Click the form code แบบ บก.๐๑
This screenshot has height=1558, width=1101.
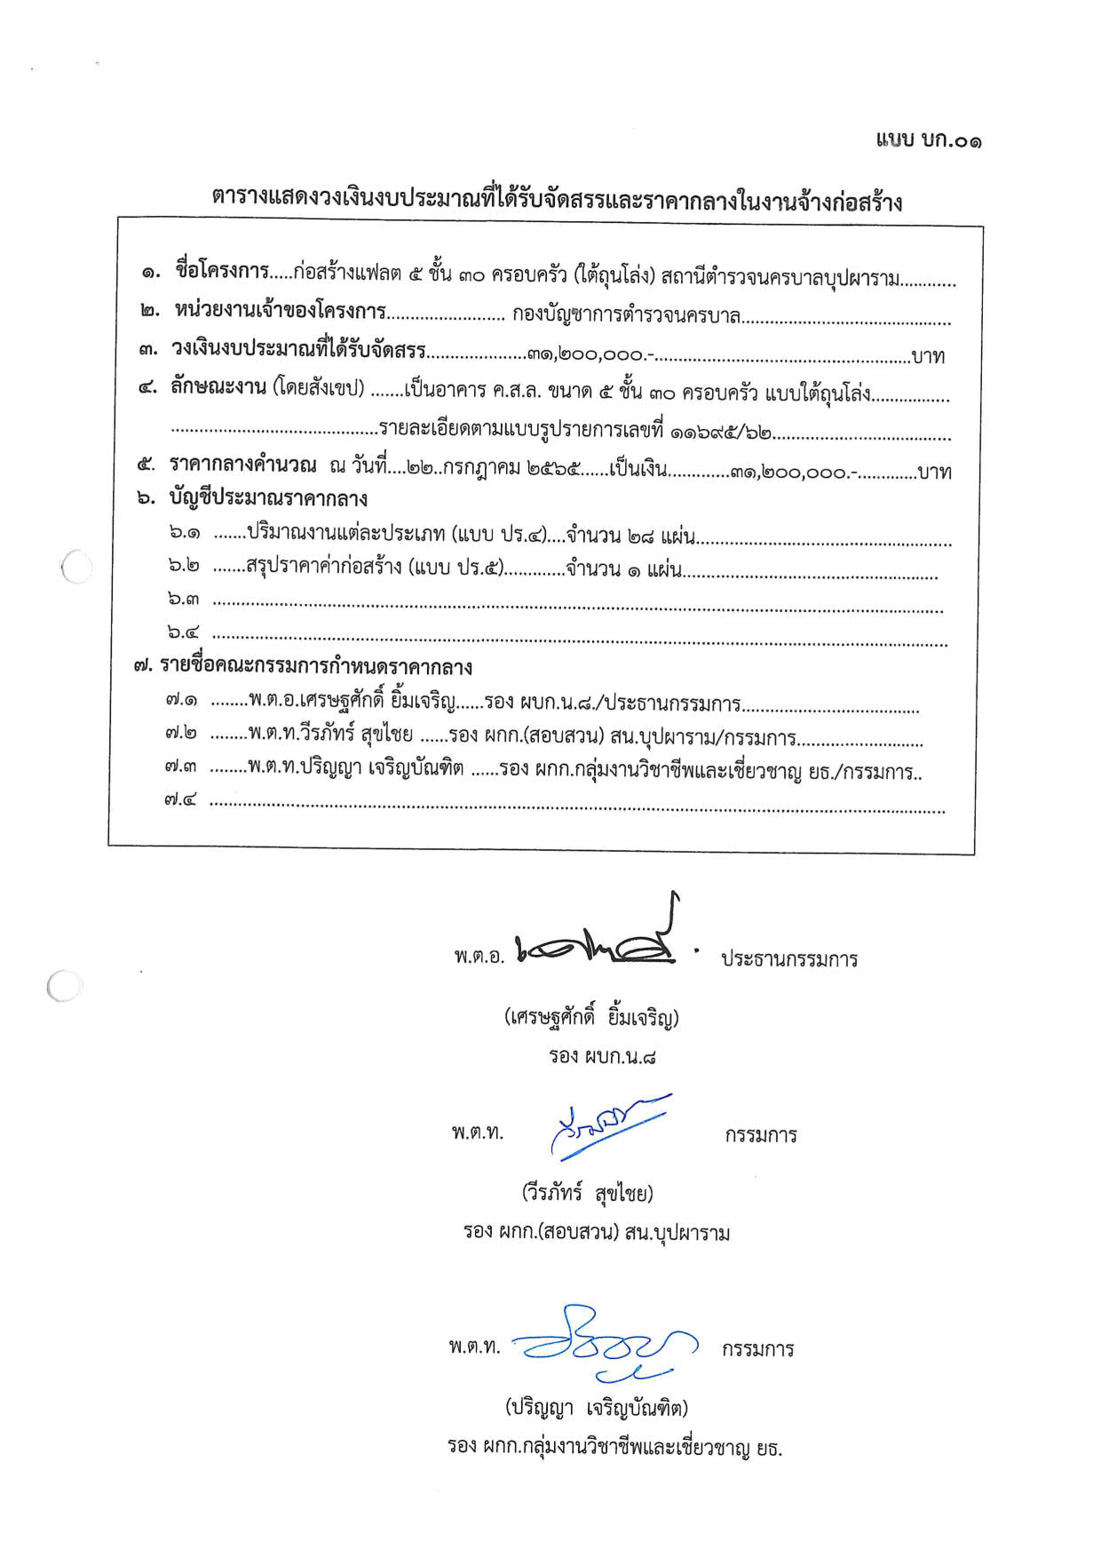click(x=928, y=140)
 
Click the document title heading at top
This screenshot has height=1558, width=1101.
click(x=557, y=200)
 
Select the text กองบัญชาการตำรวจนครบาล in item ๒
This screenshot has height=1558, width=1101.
click(x=626, y=314)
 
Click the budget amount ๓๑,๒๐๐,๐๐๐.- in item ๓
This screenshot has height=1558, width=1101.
click(x=590, y=354)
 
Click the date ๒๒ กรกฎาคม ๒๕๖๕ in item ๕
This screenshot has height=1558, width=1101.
click(x=494, y=470)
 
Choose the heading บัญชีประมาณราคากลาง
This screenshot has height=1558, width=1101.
click(x=268, y=498)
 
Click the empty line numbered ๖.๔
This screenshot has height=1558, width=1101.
click(x=577, y=638)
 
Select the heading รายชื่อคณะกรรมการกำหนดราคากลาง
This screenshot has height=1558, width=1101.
click(x=315, y=667)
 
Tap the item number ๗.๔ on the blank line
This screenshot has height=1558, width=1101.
click(x=180, y=799)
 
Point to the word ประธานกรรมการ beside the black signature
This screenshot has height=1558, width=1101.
click(x=788, y=959)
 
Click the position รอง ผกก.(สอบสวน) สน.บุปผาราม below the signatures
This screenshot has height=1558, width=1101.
click(x=596, y=1232)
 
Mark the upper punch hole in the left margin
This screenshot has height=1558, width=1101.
click(x=76, y=568)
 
